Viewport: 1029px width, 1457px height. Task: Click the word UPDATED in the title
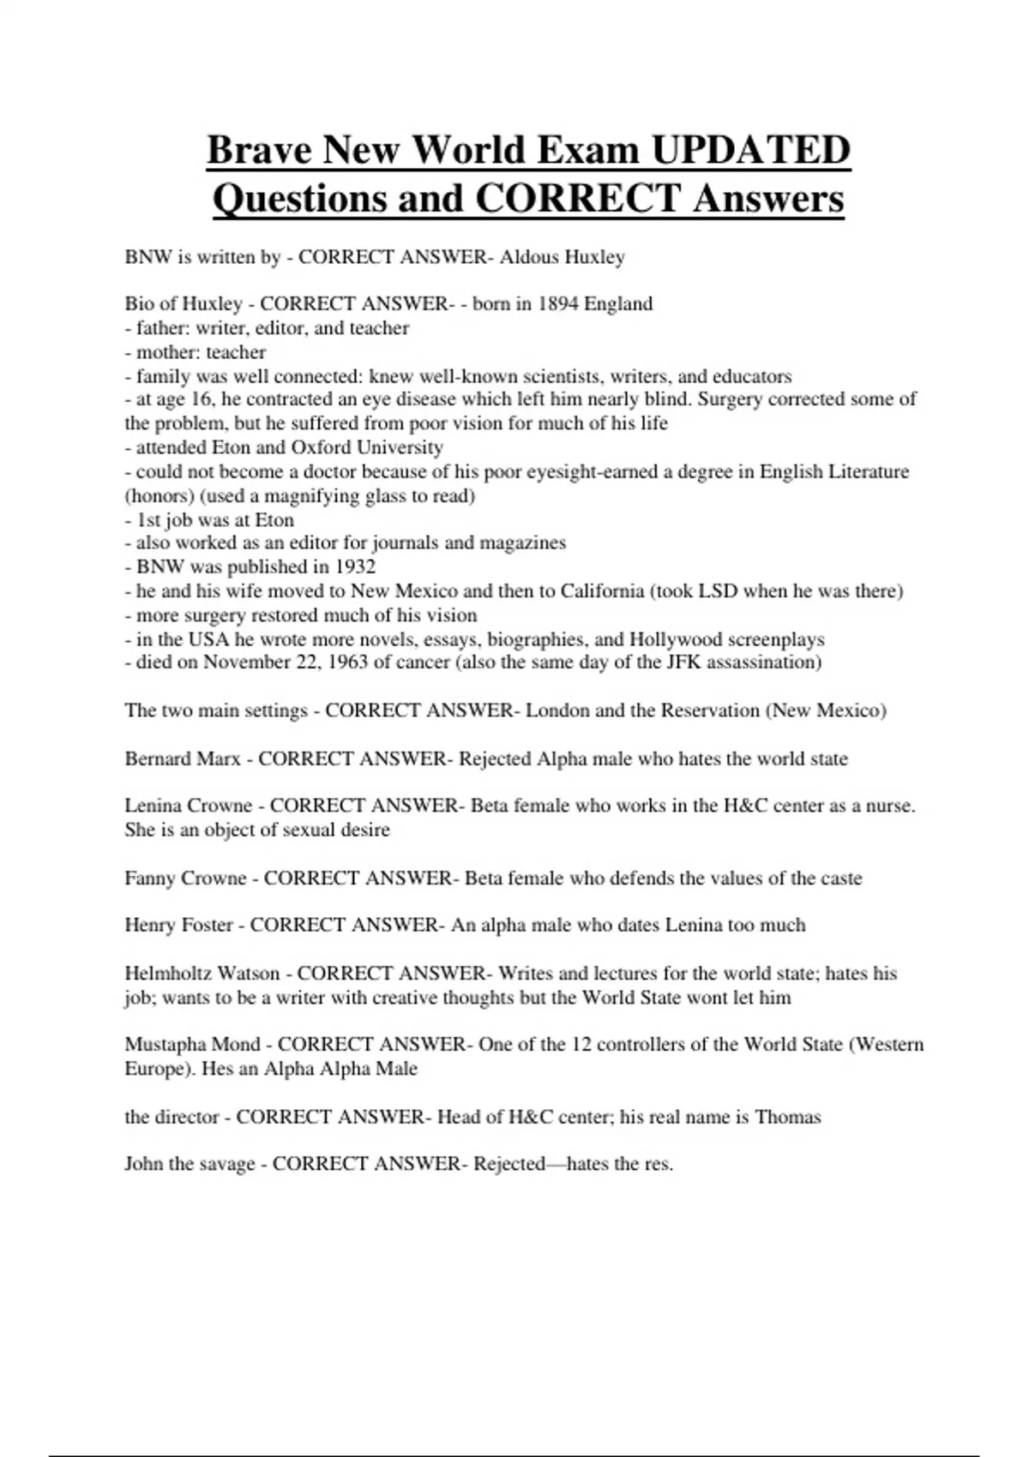(750, 150)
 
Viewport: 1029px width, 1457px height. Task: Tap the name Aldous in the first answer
(529, 257)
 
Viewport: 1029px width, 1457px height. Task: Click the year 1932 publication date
(355, 567)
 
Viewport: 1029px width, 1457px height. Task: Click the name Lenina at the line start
(153, 806)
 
